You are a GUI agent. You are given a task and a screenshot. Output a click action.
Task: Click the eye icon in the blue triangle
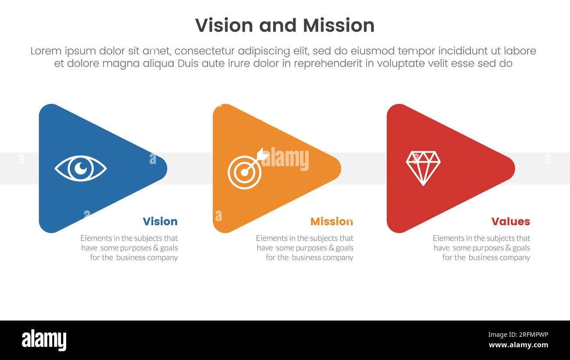(81, 168)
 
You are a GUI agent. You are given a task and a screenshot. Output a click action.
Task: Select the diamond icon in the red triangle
(423, 168)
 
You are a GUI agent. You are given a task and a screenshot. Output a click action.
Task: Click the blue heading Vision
(160, 221)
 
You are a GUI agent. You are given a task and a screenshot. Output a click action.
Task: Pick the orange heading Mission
(331, 221)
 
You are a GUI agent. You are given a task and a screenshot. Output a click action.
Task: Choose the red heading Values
(510, 221)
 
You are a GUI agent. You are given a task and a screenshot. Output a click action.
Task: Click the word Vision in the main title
(224, 25)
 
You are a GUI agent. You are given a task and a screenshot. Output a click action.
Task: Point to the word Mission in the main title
(338, 25)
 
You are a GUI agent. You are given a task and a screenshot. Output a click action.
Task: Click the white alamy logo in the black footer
(44, 340)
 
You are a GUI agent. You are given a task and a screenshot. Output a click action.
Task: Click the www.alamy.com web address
(518, 345)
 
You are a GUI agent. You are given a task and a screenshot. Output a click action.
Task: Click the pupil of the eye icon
(81, 168)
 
